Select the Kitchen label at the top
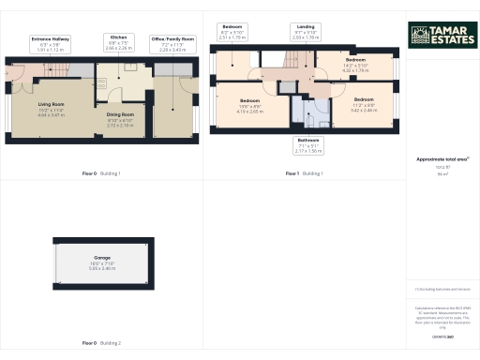[x=118, y=42]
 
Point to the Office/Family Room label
[x=172, y=42]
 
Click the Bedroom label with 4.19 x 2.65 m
[x=249, y=105]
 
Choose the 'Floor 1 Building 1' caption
[x=305, y=173]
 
